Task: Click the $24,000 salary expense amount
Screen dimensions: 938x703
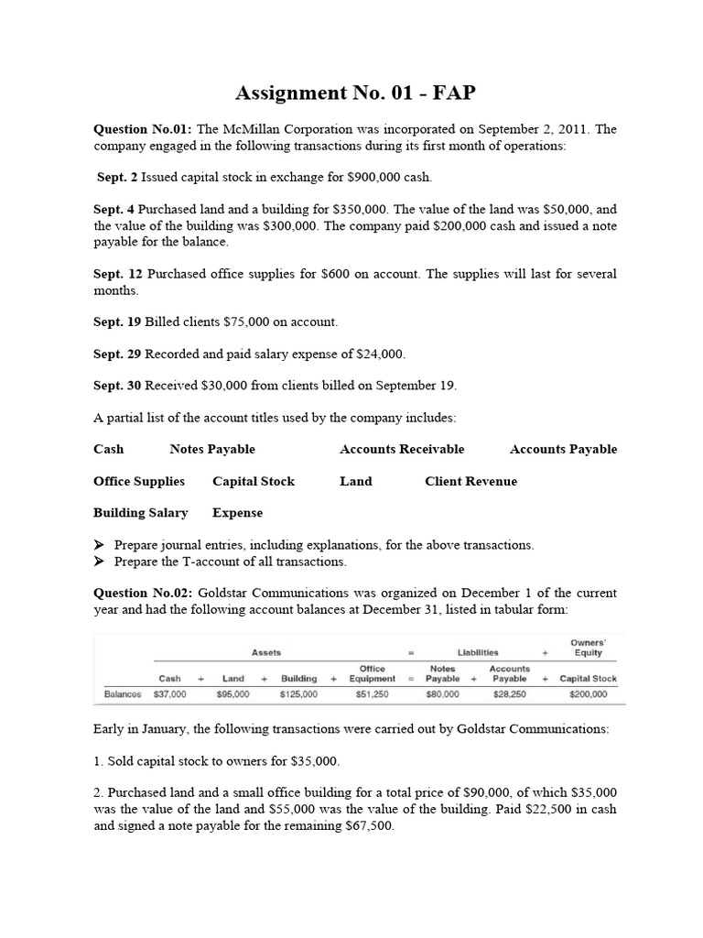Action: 378,354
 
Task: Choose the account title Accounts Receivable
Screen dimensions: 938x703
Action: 402,449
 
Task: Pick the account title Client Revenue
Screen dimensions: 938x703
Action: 470,481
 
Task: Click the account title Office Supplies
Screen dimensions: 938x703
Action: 139,481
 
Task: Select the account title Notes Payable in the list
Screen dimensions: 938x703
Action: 212,449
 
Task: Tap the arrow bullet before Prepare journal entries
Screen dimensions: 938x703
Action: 100,545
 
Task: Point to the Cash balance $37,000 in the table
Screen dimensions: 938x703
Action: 170,694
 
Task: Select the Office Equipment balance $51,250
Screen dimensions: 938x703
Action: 372,694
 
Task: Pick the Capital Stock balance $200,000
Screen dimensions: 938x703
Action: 588,694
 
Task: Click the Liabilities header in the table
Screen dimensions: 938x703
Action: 479,652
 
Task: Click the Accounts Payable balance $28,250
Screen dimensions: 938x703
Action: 509,694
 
